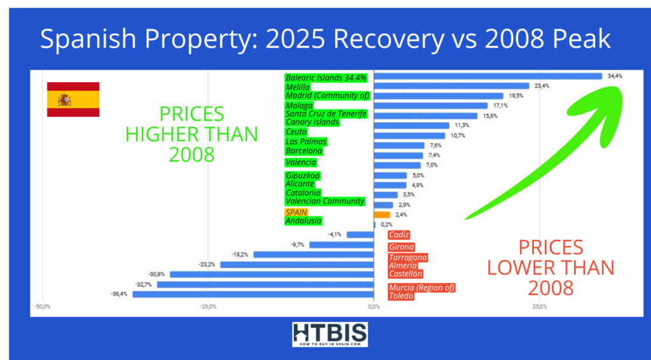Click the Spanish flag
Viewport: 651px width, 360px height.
pos(73,99)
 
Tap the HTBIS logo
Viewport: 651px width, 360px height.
pos(329,335)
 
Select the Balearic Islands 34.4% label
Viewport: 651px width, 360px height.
pos(326,78)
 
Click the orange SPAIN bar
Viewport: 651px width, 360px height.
pos(382,215)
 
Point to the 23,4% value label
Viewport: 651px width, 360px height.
pos(542,86)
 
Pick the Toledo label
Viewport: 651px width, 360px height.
pos(401,296)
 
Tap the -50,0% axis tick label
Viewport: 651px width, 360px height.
pos(42,307)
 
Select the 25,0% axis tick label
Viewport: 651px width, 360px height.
pos(539,307)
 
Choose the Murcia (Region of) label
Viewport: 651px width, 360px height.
pos(421,287)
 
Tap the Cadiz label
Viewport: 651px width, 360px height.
pos(399,235)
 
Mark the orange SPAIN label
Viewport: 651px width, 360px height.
pos(296,212)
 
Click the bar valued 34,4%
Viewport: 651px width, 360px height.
pos(488,76)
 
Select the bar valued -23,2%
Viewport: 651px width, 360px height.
pos(297,264)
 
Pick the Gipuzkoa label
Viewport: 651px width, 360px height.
pos(303,175)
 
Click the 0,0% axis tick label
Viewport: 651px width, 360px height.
pos(374,307)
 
